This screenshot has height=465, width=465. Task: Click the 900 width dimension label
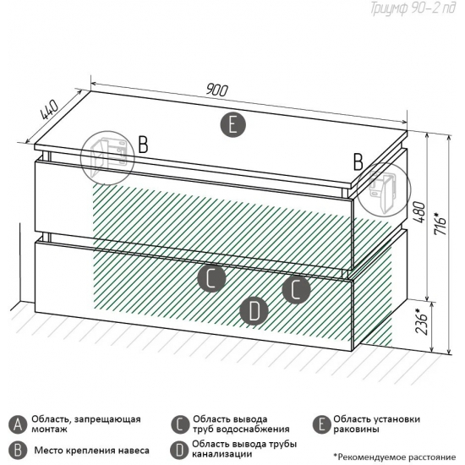(217, 90)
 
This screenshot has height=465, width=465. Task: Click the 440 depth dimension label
(49, 109)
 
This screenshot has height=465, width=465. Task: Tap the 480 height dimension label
(419, 212)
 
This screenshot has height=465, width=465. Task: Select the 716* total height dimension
(441, 223)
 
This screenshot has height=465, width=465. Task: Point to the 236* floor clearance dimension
(421, 322)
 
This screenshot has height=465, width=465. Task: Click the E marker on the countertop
(232, 124)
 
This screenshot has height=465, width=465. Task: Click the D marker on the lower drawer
(254, 310)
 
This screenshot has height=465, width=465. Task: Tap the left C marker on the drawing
(211, 278)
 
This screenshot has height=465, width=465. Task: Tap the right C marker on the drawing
(296, 289)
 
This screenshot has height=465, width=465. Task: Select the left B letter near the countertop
(143, 145)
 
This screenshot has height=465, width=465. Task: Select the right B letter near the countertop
(358, 162)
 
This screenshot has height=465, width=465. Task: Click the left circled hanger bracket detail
(107, 158)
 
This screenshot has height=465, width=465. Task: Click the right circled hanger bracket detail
(384, 189)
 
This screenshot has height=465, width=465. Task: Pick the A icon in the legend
(18, 424)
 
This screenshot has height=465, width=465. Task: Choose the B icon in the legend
(18, 450)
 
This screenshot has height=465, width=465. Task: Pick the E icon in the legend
(322, 424)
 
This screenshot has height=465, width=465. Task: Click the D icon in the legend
(179, 450)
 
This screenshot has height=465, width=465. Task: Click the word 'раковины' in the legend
(356, 429)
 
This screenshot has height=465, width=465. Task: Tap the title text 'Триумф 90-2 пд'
(413, 8)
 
